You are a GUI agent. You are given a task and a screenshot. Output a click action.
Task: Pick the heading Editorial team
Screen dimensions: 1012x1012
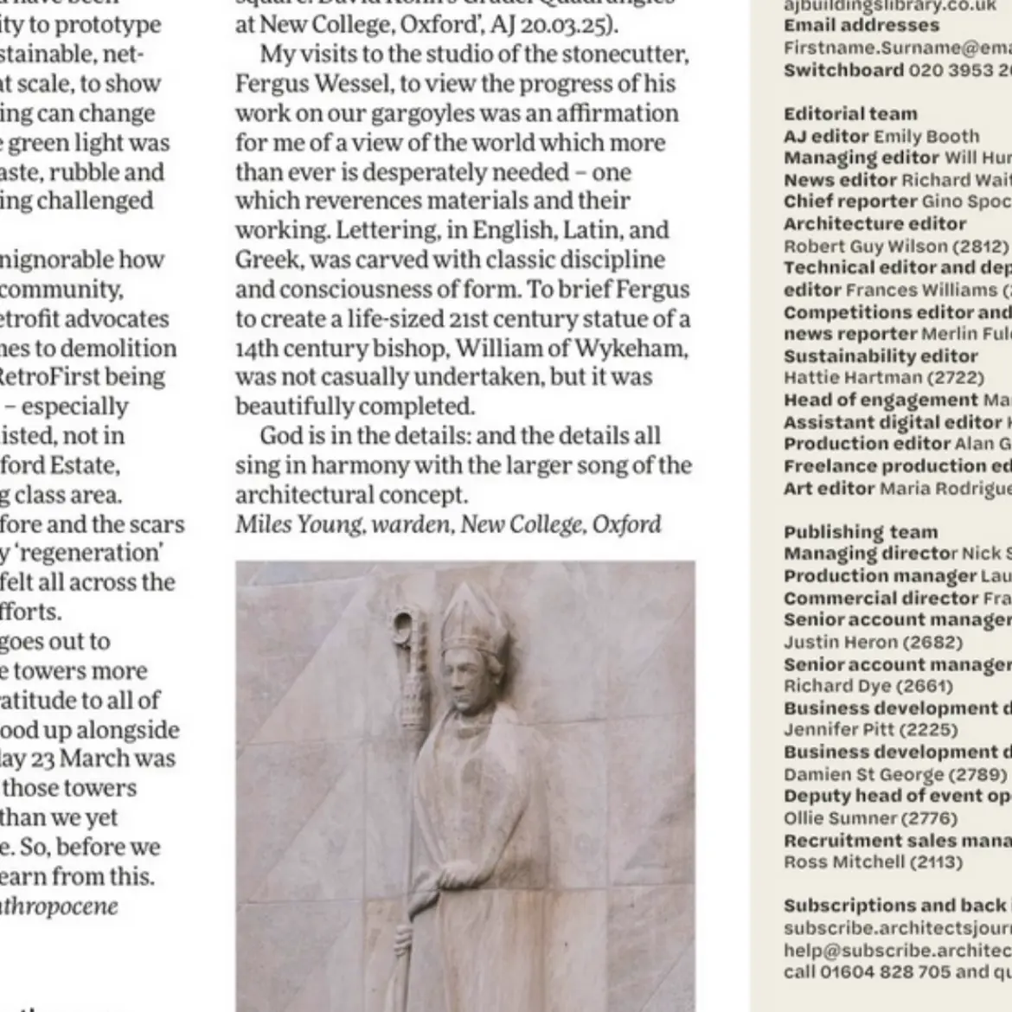point(849,113)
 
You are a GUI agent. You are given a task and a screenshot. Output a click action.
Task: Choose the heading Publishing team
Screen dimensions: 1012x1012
point(860,532)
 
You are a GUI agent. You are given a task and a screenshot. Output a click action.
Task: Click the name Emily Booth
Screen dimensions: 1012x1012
point(926,136)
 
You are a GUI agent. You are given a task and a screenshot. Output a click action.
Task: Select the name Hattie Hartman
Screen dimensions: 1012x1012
point(852,378)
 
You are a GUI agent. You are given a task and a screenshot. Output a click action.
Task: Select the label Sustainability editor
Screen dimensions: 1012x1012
point(881,355)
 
